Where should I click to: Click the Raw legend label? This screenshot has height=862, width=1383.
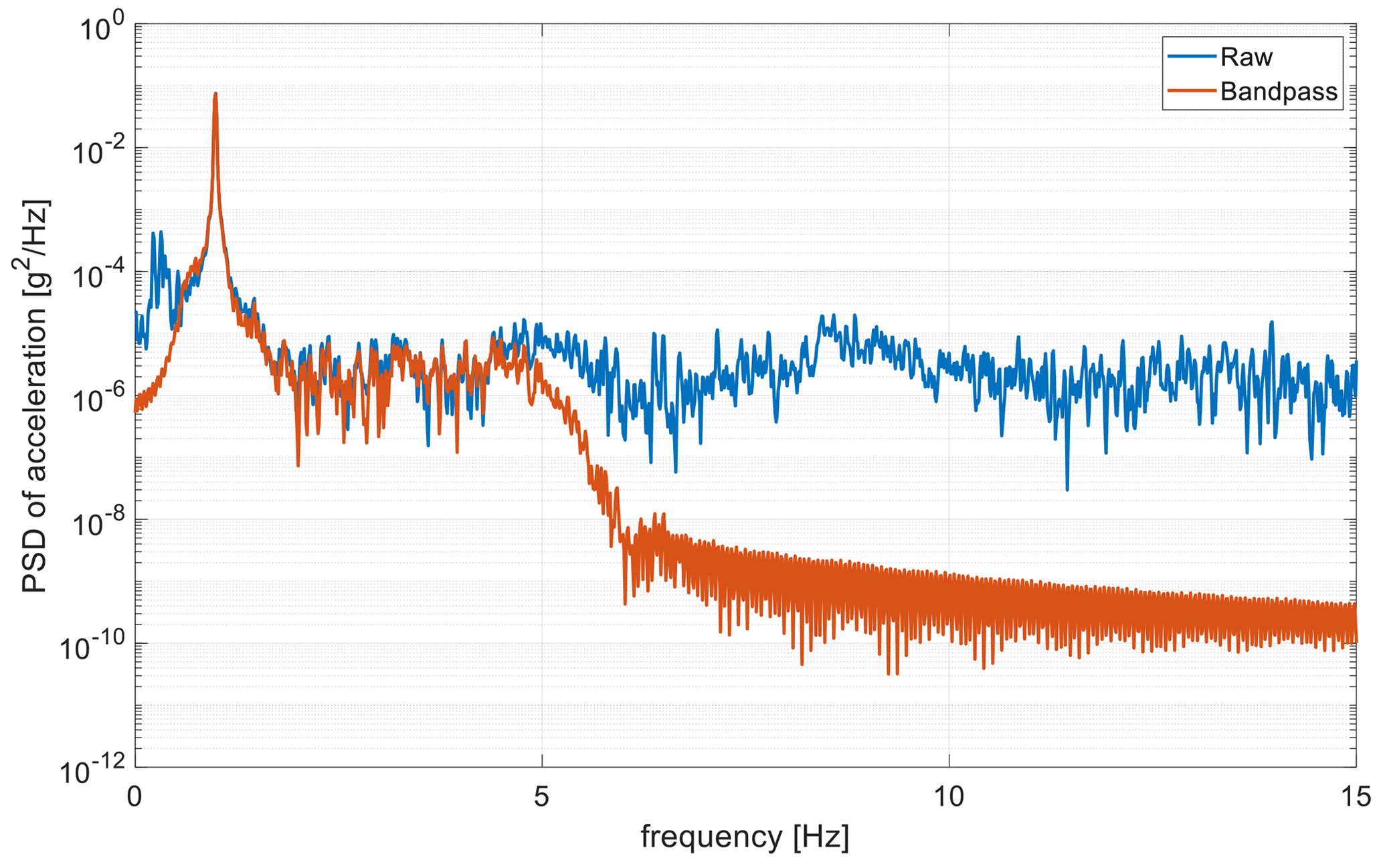[x=1246, y=58]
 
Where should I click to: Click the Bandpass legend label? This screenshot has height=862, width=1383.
[x=1279, y=92]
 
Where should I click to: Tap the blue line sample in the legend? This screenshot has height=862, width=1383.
[x=1192, y=57]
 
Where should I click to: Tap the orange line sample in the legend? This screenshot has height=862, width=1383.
[x=1192, y=90]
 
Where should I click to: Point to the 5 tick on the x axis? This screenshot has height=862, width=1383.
[x=541, y=796]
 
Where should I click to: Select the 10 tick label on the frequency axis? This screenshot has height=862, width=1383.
[x=949, y=796]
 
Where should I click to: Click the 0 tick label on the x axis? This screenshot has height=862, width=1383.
[x=135, y=796]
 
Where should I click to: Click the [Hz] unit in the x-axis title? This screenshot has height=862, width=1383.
[x=821, y=837]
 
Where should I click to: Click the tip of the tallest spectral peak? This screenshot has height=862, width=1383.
[x=215, y=94]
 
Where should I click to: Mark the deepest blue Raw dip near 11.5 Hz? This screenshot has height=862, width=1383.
[x=1067, y=489]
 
